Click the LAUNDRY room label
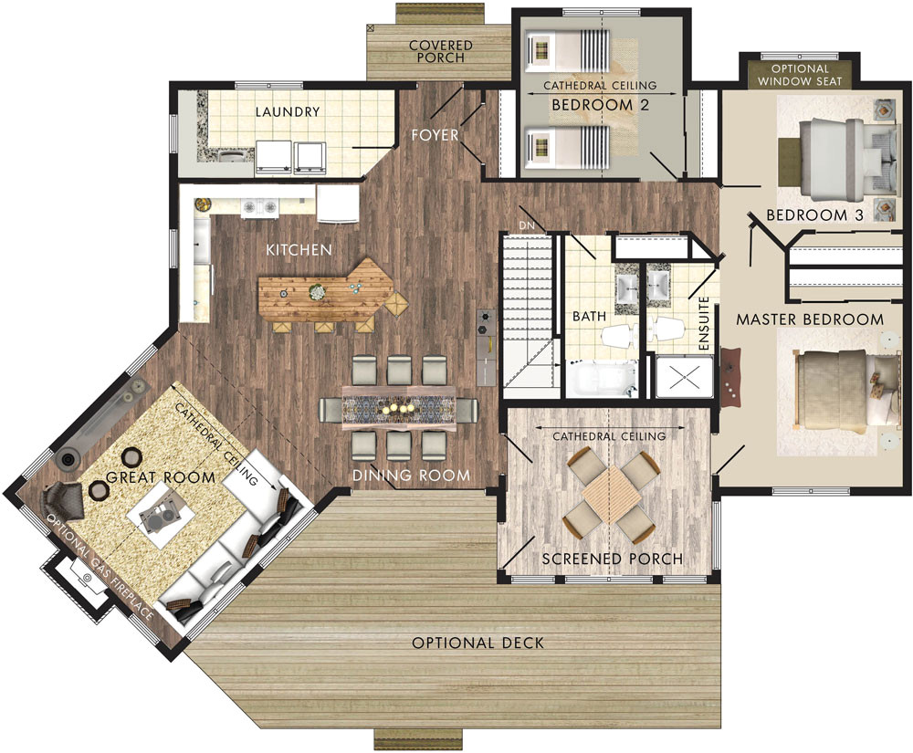288,112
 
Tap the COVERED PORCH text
440,51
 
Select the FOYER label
435,136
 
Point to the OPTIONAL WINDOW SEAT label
800,75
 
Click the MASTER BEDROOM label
810,319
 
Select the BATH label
589,317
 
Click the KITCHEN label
299,249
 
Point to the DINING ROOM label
412,476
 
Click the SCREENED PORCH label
612,559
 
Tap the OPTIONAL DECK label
477,643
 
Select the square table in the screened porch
612,494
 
